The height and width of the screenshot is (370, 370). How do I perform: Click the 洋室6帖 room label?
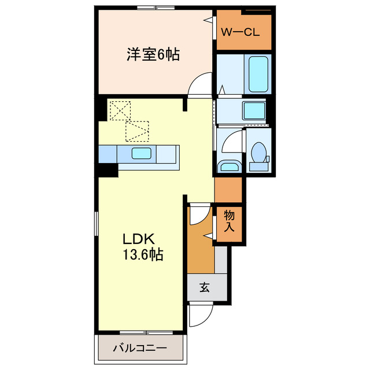pyautogui.click(x=153, y=55)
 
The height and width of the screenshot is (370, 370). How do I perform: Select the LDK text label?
pyautogui.click(x=137, y=239)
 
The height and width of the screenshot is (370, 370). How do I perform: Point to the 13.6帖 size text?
pyautogui.click(x=142, y=254)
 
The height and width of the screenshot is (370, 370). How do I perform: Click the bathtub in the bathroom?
pyautogui.click(x=258, y=73)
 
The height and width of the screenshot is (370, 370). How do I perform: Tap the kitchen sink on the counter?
pyautogui.click(x=142, y=154)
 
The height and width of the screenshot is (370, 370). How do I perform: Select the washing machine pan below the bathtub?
pyautogui.click(x=254, y=110)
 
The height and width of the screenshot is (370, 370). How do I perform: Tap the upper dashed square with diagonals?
pyautogui.click(x=121, y=110)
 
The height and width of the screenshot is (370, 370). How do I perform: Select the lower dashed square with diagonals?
pyautogui.click(x=138, y=131)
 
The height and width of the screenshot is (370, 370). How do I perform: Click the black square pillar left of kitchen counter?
pyautogui.click(x=108, y=170)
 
